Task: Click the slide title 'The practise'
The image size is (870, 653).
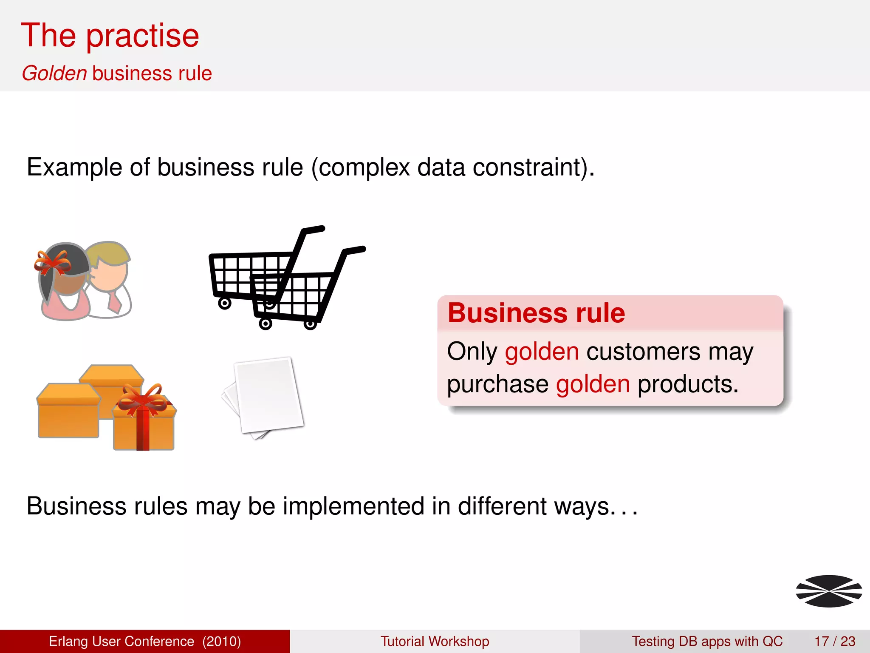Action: click(x=110, y=36)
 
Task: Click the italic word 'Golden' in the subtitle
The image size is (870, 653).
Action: click(x=54, y=74)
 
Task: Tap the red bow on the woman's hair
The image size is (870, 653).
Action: click(x=53, y=263)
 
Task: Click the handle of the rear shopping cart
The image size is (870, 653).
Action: click(x=314, y=230)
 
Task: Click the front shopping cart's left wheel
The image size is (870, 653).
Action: click(x=266, y=324)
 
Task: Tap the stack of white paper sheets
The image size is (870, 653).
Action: click(x=266, y=395)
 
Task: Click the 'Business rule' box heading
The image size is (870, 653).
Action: click(x=536, y=313)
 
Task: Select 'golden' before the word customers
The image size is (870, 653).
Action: click(x=542, y=352)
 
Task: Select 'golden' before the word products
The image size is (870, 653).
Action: click(x=593, y=384)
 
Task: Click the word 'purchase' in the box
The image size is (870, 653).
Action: click(x=497, y=385)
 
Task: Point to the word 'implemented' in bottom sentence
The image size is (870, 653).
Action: click(x=353, y=506)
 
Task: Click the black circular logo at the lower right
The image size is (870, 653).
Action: click(x=828, y=591)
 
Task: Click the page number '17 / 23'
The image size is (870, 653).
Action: click(x=835, y=641)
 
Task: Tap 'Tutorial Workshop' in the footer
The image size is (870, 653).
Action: click(x=435, y=641)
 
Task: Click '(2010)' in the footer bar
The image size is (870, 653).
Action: click(x=221, y=641)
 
